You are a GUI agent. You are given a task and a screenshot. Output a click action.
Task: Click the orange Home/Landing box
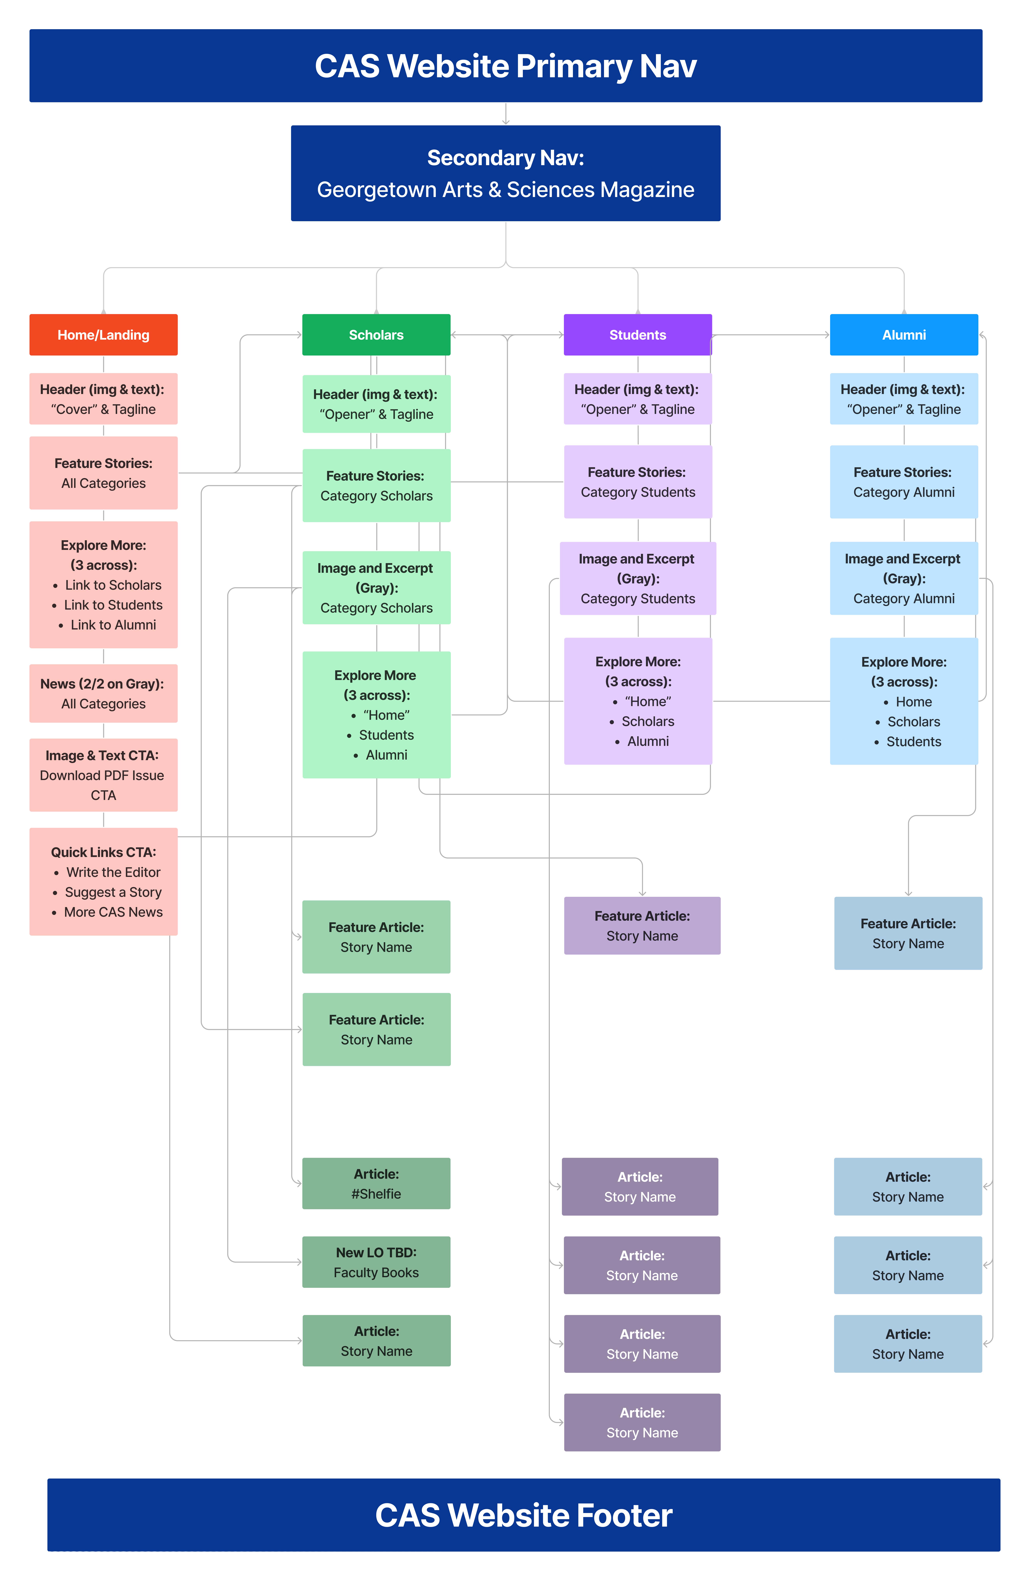103,335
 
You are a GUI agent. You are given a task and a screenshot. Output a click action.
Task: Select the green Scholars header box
376,335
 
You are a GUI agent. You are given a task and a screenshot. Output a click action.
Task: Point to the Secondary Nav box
505,173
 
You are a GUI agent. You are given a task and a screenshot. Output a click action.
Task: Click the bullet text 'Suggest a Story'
113,892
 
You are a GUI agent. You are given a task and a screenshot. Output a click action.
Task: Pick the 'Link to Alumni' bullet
113,625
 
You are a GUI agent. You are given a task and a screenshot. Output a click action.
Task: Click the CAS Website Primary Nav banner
505,66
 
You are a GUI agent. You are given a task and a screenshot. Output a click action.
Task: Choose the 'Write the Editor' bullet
113,872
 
